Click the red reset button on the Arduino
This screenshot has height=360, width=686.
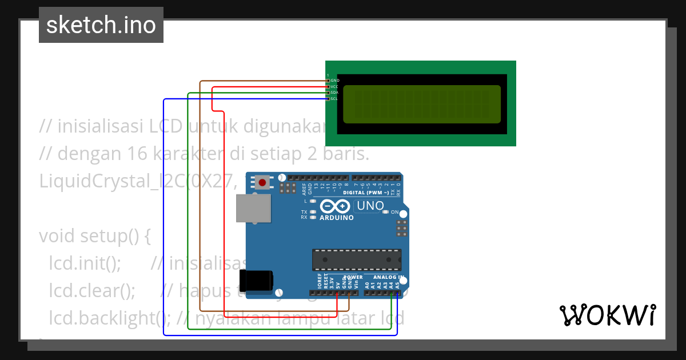point(262,183)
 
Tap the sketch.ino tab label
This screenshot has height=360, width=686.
point(101,25)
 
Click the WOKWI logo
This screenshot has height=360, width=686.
point(607,315)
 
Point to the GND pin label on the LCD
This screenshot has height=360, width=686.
point(335,81)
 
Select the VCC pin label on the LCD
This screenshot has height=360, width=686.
point(335,87)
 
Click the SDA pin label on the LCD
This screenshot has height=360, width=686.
point(335,93)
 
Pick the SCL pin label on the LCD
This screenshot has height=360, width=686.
point(334,99)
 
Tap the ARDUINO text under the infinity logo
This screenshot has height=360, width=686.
point(337,218)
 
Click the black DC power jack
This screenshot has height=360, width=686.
point(256,280)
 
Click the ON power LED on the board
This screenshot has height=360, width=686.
point(386,212)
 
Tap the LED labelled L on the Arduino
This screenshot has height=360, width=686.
point(313,201)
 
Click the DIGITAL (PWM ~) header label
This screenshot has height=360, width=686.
point(366,193)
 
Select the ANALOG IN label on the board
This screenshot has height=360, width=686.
point(389,277)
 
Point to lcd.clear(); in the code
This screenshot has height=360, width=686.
point(92,291)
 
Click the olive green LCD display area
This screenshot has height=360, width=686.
point(422,104)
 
